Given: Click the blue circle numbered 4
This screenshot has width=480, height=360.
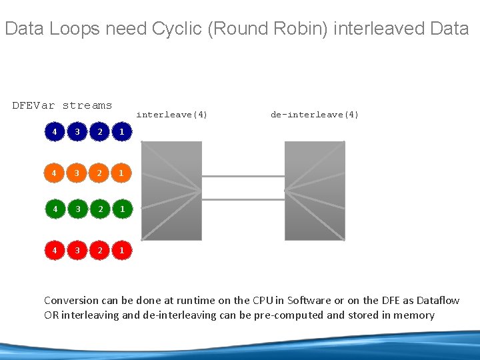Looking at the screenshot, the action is pyautogui.click(x=55, y=132).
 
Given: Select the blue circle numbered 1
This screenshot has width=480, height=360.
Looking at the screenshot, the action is pyautogui.click(x=121, y=132).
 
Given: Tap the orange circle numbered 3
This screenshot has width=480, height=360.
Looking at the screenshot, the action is pyautogui.click(x=77, y=173).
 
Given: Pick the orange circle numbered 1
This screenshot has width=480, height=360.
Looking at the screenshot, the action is pyautogui.click(x=121, y=173).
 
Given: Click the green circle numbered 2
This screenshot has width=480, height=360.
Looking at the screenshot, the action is pyautogui.click(x=99, y=209).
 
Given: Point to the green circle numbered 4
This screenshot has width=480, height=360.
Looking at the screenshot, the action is pyautogui.click(x=55, y=209).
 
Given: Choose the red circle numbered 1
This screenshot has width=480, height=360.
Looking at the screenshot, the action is pyautogui.click(x=121, y=251).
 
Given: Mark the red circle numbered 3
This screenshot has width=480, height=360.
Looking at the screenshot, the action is pyautogui.click(x=77, y=251).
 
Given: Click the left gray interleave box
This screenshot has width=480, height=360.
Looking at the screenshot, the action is pyautogui.click(x=171, y=190).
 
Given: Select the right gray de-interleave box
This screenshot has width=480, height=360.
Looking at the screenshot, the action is pyautogui.click(x=315, y=190).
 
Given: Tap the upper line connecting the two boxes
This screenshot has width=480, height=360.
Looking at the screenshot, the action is pyautogui.click(x=243, y=176).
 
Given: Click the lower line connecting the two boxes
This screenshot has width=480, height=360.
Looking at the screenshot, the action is pyautogui.click(x=243, y=199).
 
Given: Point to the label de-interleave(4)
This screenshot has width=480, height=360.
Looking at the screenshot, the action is pyautogui.click(x=315, y=115).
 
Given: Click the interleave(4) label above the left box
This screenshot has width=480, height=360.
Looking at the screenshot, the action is pyautogui.click(x=172, y=115).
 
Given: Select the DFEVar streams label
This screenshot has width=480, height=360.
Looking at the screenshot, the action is pyautogui.click(x=62, y=105).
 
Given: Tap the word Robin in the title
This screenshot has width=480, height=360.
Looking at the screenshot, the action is pyautogui.click(x=295, y=29).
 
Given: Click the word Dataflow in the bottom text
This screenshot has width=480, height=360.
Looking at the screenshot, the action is pyautogui.click(x=437, y=301).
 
